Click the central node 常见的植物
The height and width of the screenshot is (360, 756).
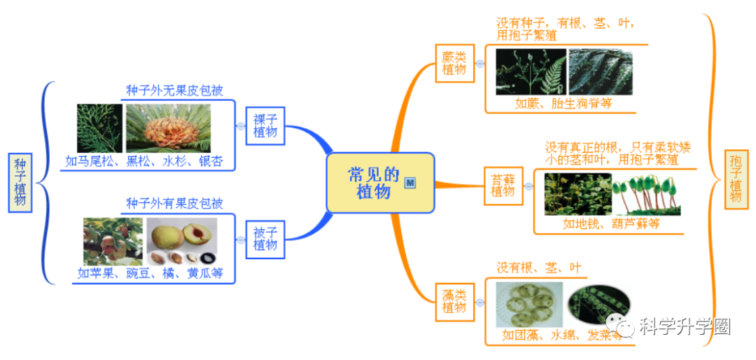pos(373,183)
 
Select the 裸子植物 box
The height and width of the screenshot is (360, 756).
pos(265,125)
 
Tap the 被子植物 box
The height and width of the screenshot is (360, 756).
pos(265,238)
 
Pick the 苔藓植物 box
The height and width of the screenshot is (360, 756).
pos(503,185)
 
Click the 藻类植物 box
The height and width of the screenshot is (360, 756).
pos(454,300)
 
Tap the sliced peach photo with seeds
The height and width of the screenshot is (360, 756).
pos(181,241)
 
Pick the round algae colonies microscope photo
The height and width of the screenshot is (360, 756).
pos(528,305)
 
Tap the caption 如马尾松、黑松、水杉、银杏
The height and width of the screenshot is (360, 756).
pos(144,161)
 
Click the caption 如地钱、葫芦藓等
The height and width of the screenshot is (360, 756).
pos(611,224)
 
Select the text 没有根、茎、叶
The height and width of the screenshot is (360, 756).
pos(538,268)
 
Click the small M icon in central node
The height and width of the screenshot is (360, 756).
pos(411,182)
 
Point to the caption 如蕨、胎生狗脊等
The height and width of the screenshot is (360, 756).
pos(563,104)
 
